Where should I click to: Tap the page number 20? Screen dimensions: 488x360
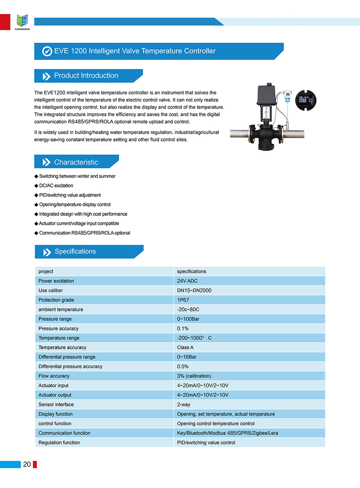(27, 464)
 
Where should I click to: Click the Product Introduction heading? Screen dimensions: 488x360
(86, 76)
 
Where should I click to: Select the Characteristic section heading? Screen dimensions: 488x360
(76, 162)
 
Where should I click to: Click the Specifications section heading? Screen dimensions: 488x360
(75, 251)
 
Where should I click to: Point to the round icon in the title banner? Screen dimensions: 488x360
(47, 51)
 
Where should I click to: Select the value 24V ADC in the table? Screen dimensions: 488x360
(187, 281)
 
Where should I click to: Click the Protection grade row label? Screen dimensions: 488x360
(56, 300)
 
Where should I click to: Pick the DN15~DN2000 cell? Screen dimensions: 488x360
(194, 291)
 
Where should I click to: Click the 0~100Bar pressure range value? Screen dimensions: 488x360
(188, 319)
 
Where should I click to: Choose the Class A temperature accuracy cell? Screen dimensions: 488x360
(185, 348)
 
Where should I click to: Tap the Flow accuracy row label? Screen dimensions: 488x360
(54, 376)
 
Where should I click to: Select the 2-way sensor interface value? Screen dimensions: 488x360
(184, 404)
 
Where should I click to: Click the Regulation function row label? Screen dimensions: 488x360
(59, 442)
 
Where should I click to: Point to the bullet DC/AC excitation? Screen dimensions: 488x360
(56, 185)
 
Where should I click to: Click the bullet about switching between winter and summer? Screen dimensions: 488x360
(77, 176)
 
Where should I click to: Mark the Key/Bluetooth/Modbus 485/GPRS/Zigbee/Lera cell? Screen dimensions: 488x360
(228, 433)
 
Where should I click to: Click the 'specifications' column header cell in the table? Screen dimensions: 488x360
(192, 271)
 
